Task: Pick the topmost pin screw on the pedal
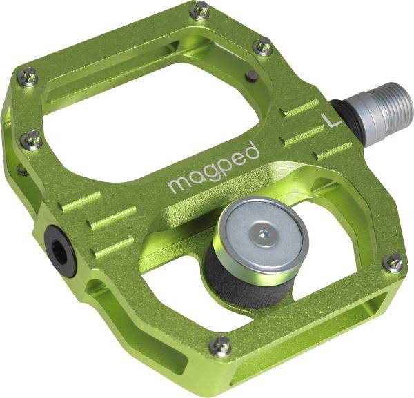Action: (199, 10)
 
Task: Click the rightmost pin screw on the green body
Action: (393, 261)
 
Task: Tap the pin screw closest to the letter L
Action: (263, 46)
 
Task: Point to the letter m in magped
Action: (177, 183)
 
